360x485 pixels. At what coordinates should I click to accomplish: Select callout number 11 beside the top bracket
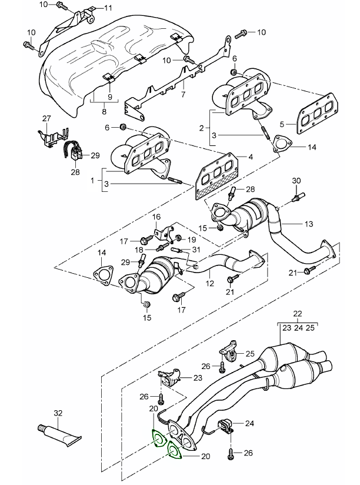(108, 8)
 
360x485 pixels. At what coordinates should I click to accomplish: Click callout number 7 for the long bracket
(183, 93)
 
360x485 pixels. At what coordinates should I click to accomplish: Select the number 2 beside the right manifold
(202, 127)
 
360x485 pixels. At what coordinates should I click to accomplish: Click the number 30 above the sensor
(296, 180)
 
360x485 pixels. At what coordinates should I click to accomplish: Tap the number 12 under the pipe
(207, 283)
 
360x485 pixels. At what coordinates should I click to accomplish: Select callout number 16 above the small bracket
(157, 217)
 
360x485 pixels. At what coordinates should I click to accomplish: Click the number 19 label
(191, 240)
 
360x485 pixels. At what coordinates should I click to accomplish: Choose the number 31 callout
(195, 250)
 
